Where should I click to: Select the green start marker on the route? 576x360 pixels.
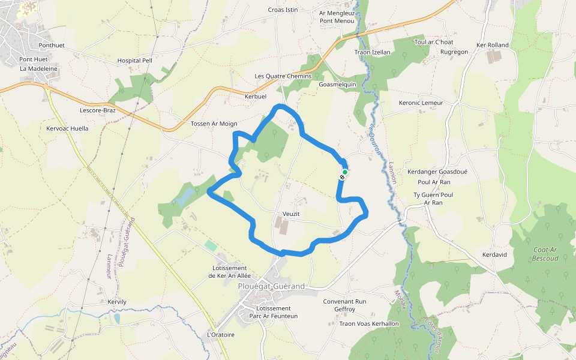pos(345,172)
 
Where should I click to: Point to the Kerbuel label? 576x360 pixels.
pos(255,97)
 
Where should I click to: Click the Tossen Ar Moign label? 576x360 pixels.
pos(214,124)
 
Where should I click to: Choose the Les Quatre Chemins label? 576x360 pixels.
pos(283,76)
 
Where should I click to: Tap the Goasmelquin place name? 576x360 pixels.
pos(337,85)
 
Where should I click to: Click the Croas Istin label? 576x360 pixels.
pos(283,10)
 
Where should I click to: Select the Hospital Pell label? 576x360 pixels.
pos(135,61)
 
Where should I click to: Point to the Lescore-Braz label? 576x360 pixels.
pos(97,110)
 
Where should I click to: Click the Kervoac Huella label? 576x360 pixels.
pos(67,128)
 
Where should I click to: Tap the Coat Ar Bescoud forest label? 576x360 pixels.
pos(545,254)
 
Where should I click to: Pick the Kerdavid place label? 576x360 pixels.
pos(494,255)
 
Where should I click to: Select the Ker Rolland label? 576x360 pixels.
pos(492,45)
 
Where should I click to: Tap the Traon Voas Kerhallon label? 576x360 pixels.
pos(369,324)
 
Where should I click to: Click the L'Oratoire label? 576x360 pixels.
pos(220,334)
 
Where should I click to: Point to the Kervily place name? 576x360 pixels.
pos(117,302)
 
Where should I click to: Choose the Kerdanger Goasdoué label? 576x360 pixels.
pos(437,172)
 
